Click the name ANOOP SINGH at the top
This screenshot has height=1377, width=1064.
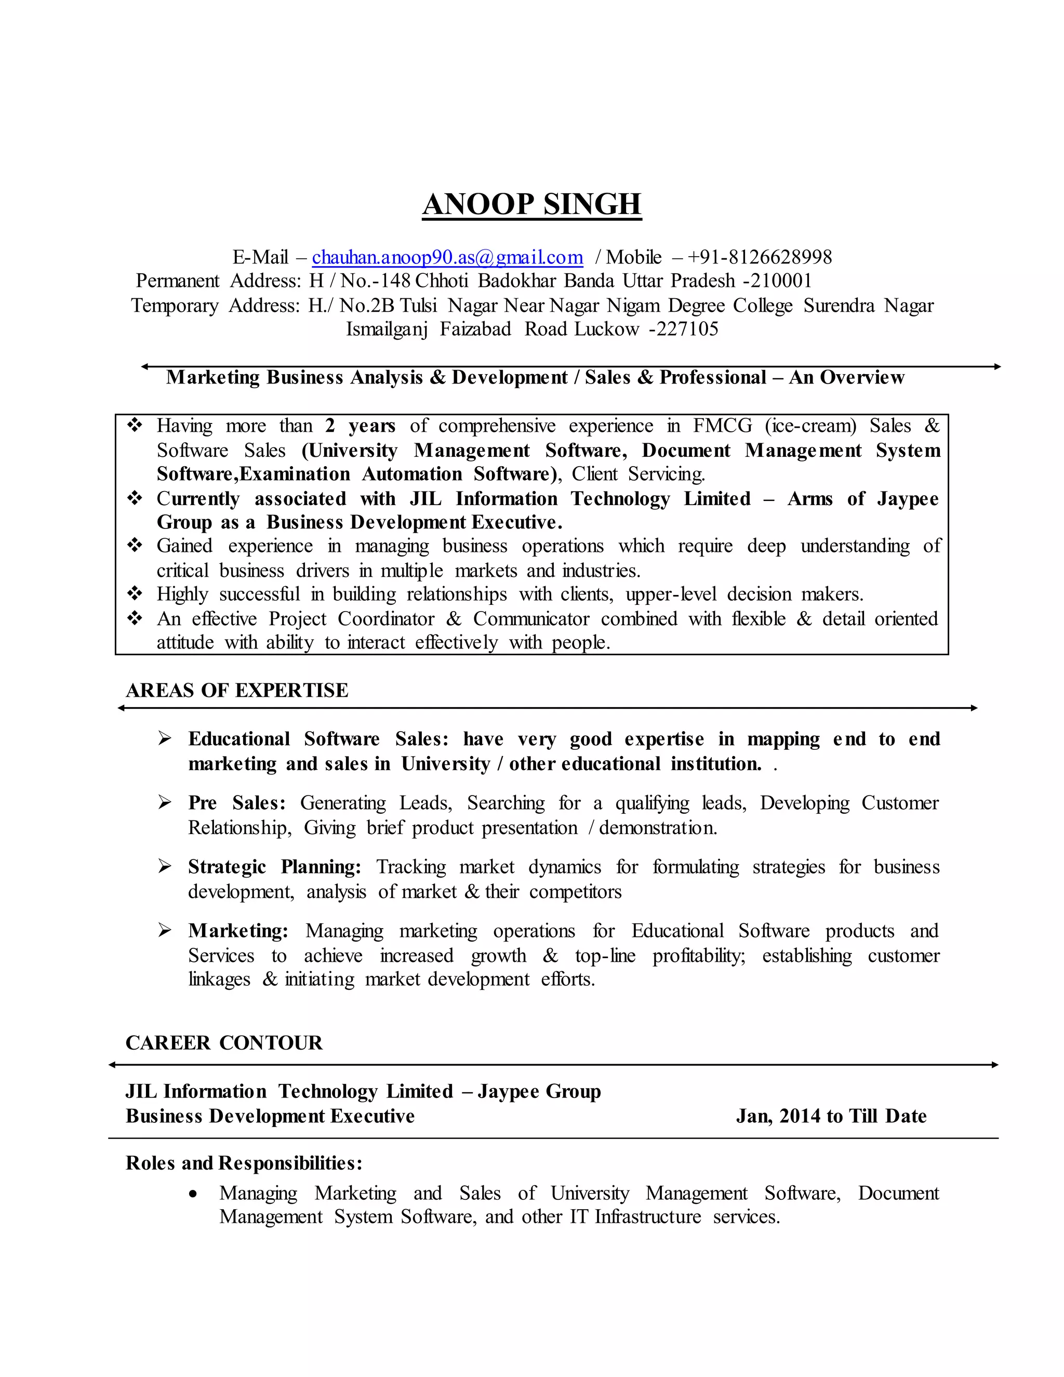tap(531, 204)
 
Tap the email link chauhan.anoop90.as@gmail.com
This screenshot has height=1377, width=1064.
tap(447, 257)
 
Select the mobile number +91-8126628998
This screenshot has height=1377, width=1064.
tap(760, 257)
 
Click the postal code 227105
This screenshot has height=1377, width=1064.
tap(687, 329)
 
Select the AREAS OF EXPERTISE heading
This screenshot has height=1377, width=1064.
tap(237, 691)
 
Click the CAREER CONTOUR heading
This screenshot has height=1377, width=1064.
tap(224, 1043)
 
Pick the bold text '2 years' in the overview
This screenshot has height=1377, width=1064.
tap(360, 426)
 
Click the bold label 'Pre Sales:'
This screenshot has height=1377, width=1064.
tap(236, 803)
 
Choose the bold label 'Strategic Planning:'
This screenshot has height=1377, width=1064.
tap(274, 867)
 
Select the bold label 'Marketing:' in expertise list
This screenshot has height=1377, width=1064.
tap(237, 931)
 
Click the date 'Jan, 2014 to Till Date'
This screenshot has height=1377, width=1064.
tap(831, 1116)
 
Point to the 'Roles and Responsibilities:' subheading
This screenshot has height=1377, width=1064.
tap(244, 1162)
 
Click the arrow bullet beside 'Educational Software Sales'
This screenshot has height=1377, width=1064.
tap(165, 738)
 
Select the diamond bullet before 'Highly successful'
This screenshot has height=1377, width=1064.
tap(135, 594)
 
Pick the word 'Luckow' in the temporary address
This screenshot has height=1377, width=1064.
tap(608, 329)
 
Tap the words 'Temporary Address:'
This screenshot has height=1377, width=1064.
tap(215, 306)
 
